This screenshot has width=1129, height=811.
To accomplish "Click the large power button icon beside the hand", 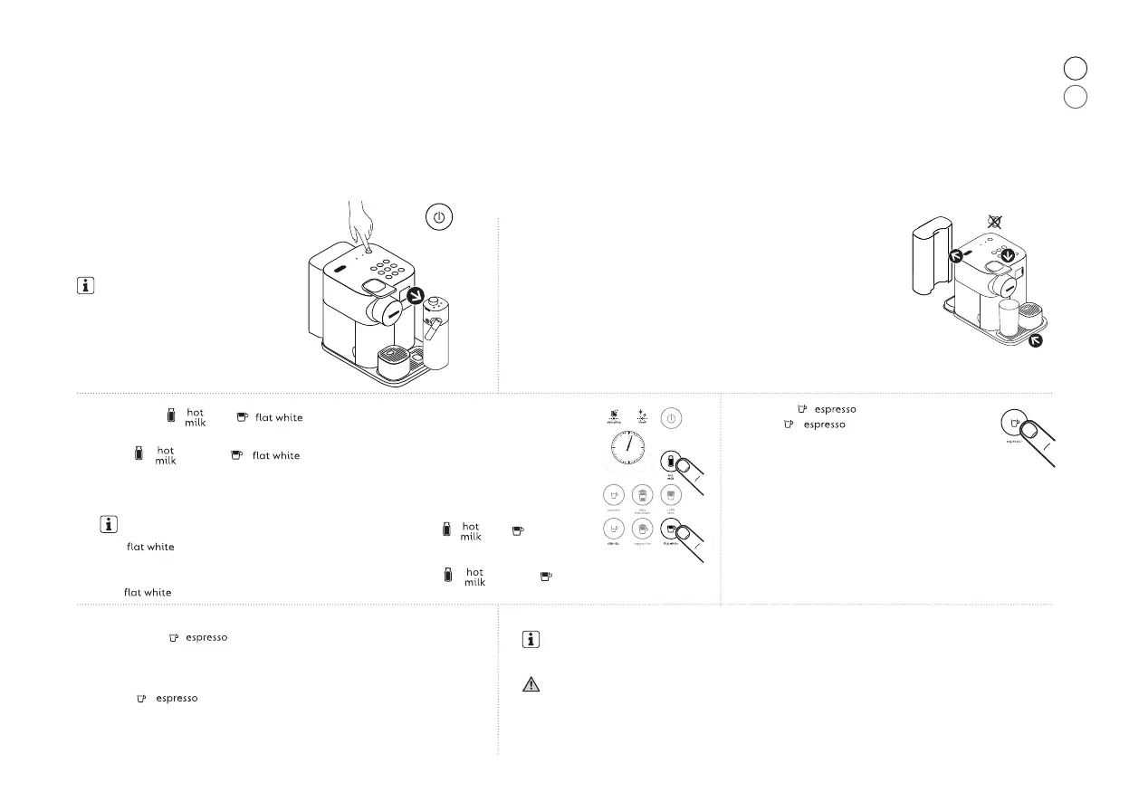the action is coord(437,218).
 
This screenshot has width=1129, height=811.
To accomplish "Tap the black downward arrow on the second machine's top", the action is coord(1003,257).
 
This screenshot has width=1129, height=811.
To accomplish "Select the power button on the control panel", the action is coord(670,419).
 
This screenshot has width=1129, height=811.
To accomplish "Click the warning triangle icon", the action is coord(531,685).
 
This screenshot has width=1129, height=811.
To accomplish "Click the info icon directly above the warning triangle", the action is coord(531,640).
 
